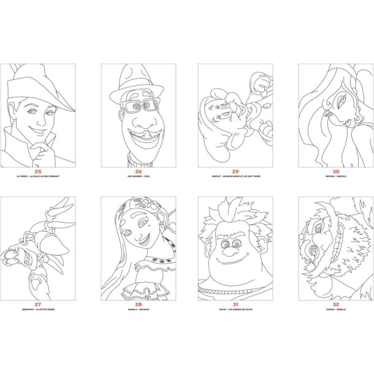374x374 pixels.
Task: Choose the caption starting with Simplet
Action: (230, 178)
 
